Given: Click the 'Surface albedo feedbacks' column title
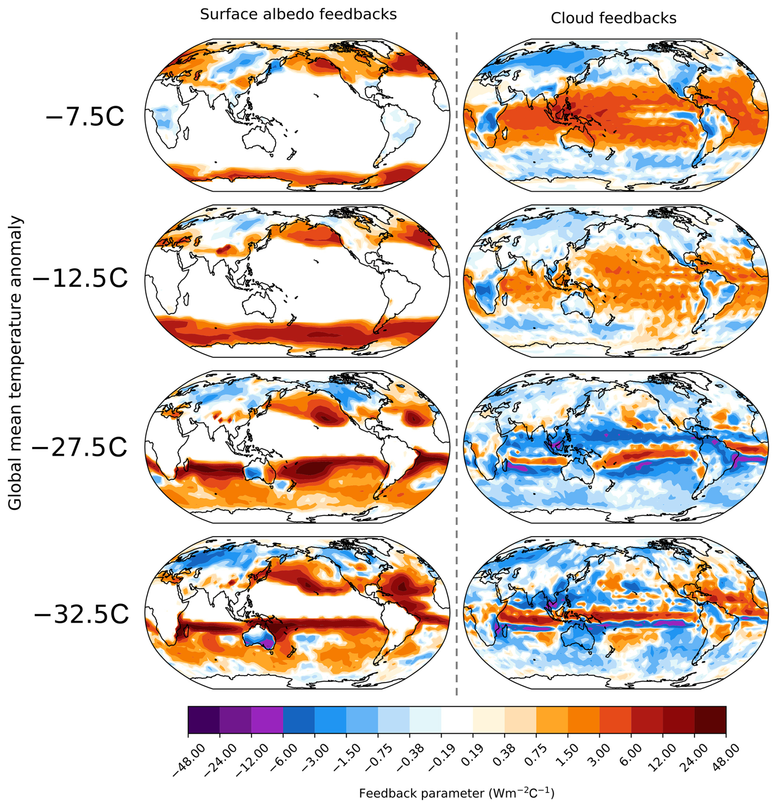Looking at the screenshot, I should [x=298, y=14].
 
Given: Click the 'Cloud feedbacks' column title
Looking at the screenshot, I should [x=614, y=18].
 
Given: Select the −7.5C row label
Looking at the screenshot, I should [x=85, y=117].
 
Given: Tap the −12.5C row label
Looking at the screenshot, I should [x=80, y=279].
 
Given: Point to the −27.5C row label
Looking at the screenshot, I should [x=79, y=448].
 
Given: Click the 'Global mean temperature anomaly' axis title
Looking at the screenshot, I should [x=15, y=363].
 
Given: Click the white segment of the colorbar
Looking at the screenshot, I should [x=457, y=720].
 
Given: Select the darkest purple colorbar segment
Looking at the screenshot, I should [x=204, y=720].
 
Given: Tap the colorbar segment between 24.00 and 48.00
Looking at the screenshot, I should [x=710, y=720].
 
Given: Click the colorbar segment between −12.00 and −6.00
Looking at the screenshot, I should [x=267, y=720].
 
